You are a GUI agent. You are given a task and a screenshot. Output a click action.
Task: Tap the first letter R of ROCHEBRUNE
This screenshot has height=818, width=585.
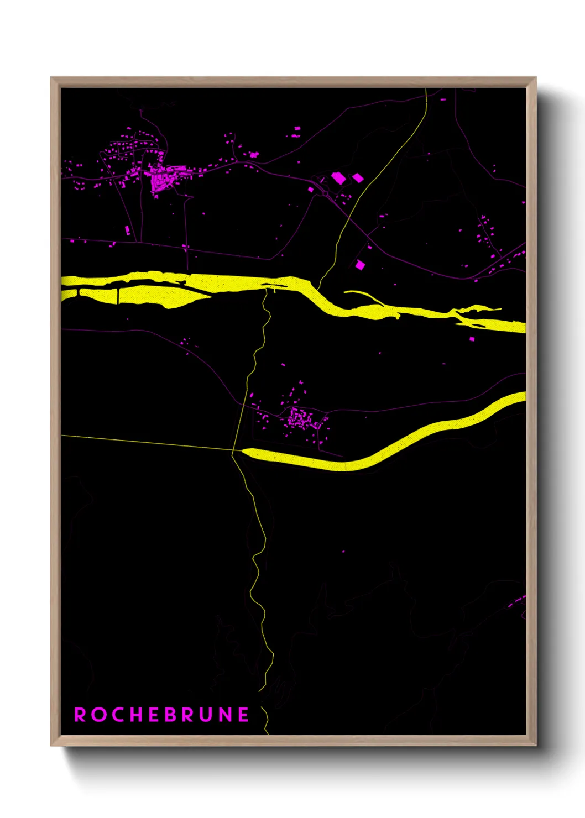80,715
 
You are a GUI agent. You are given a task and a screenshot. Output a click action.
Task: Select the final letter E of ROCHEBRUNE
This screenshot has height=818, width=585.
244,715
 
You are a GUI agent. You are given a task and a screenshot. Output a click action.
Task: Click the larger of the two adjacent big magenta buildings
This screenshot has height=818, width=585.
338,178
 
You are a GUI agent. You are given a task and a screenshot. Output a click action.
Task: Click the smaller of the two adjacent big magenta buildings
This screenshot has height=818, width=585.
358,177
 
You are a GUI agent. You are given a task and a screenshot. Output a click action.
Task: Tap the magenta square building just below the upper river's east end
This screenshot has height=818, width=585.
472,338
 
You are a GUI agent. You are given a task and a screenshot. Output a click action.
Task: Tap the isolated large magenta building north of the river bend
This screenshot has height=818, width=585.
360,265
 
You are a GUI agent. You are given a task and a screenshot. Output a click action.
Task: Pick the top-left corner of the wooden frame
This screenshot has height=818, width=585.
51,78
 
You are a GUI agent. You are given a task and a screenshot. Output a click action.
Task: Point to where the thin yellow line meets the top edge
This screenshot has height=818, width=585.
426,89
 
